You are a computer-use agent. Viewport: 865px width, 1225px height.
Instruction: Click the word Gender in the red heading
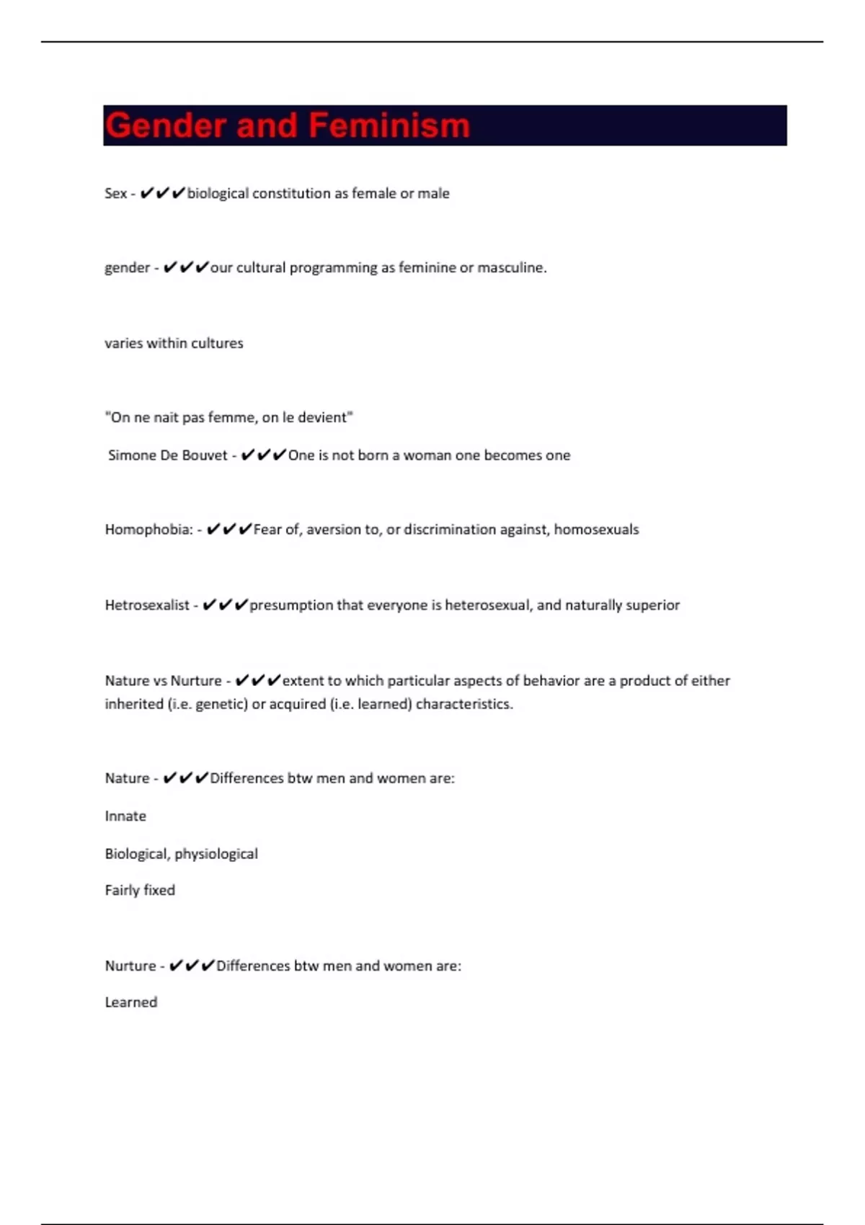(166, 125)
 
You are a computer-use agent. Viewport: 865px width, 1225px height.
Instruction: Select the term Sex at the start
(115, 193)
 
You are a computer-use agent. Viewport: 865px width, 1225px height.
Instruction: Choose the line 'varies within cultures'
(174, 343)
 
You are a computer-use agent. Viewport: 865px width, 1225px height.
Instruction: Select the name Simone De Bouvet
(167, 455)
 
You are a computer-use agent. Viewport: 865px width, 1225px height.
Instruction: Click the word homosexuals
(596, 530)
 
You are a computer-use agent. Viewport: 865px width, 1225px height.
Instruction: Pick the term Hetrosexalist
(147, 605)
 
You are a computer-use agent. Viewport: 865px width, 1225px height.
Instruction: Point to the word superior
(652, 605)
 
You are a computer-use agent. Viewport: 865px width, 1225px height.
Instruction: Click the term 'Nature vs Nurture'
(163, 681)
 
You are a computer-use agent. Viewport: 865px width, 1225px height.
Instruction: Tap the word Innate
(125, 816)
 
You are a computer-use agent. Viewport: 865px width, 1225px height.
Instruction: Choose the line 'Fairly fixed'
(140, 891)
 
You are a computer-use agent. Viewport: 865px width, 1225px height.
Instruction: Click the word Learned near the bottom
(130, 1002)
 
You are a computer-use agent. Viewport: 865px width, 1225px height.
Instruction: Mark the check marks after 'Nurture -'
(192, 966)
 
